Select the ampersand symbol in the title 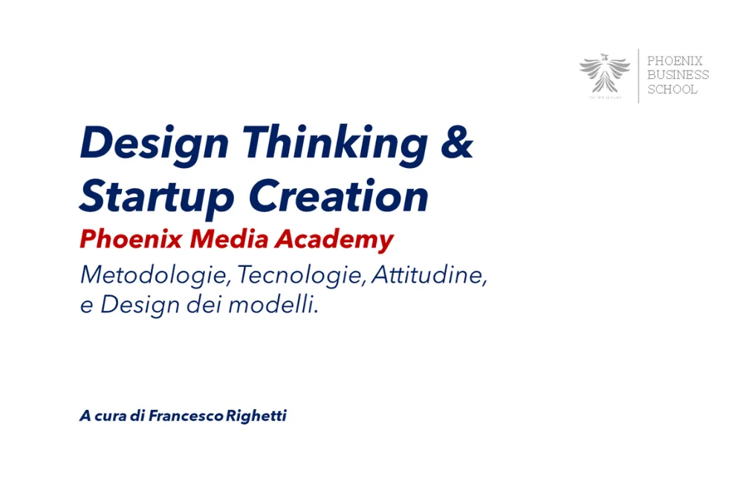pos(457,141)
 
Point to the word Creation pos(339,195)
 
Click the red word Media pos(230,239)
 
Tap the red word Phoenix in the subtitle pos(132,239)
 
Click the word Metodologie pos(155,275)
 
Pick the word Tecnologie pos(302,275)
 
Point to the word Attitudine pos(429,274)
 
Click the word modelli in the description pos(273,304)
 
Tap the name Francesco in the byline pos(186,416)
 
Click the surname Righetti pos(256,416)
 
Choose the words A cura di pos(112,416)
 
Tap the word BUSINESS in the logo pos(678,75)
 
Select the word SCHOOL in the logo pos(672,89)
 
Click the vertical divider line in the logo pos(638,76)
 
